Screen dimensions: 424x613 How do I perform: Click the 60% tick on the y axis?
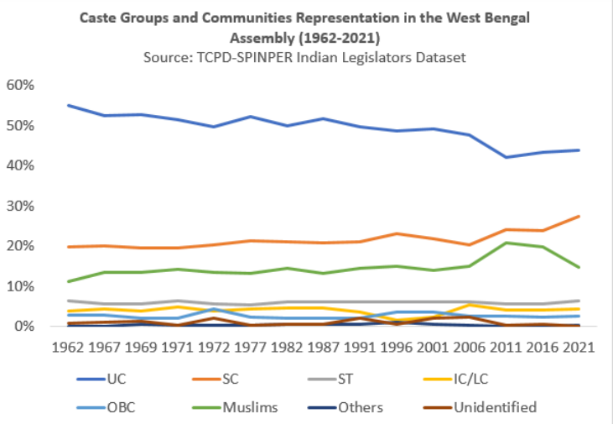(x=19, y=86)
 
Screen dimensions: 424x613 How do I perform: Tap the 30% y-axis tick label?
(x=19, y=207)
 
